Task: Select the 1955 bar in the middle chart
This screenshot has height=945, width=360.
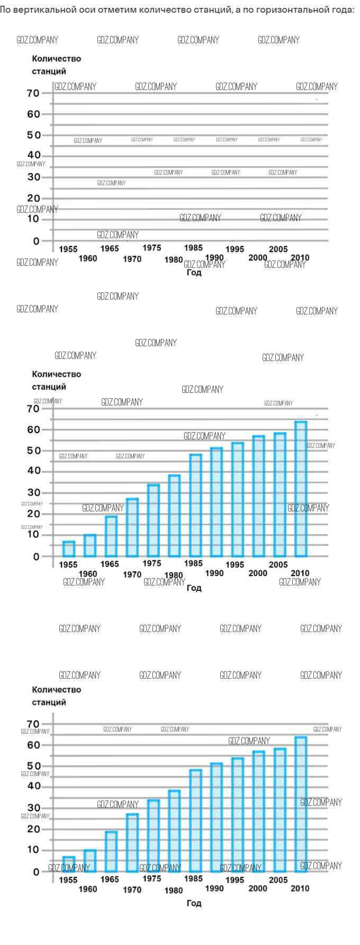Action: pos(69,549)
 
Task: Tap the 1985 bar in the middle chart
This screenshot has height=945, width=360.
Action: pos(195,505)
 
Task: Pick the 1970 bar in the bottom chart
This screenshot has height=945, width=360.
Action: pos(132,843)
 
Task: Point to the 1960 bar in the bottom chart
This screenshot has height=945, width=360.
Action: pos(90,861)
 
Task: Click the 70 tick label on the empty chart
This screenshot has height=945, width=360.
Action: pos(33,93)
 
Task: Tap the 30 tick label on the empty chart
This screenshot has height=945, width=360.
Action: pos(34,177)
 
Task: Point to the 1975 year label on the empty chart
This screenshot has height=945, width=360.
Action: pos(152,248)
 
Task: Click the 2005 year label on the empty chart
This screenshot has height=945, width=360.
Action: pos(278,249)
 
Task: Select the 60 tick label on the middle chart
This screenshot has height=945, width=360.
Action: pos(34,429)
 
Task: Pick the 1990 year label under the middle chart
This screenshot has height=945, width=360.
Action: pos(214,573)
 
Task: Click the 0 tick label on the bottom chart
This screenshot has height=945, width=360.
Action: pos(37,872)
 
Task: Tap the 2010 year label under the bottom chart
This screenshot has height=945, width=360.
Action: pos(300,888)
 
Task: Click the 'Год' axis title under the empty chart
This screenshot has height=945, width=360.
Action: pos(194,273)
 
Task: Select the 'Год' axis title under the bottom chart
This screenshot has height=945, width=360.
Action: pos(194,903)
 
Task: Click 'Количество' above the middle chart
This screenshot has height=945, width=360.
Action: pos(57,374)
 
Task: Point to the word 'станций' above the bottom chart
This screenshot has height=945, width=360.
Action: pos(49,702)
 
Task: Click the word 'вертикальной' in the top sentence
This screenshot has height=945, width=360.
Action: pos(44,10)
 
